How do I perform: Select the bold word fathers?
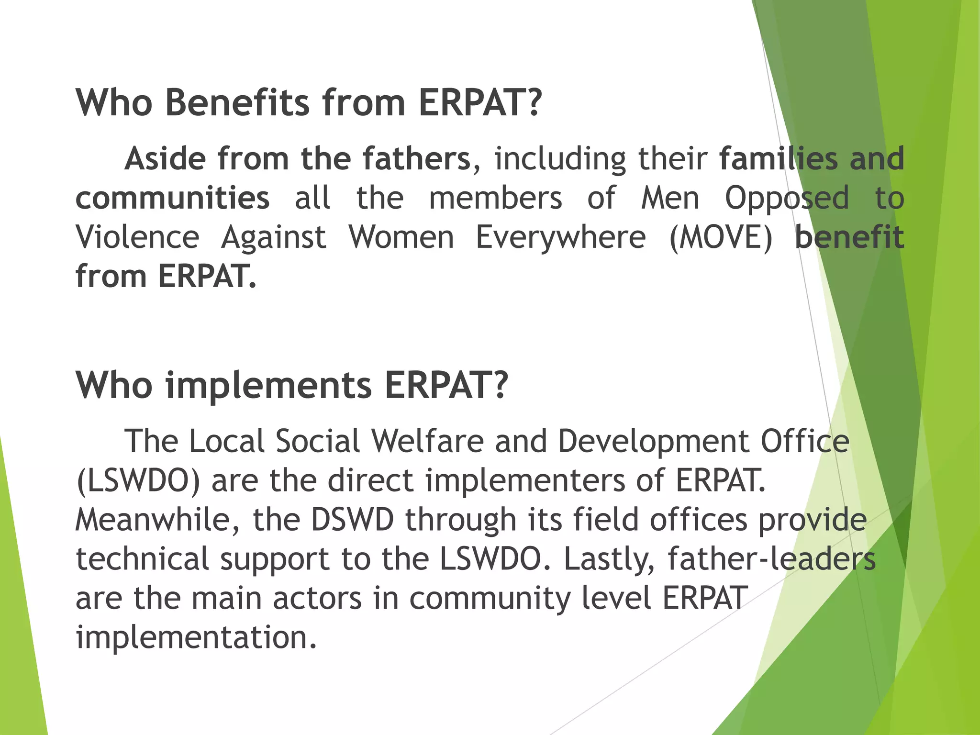[416, 159]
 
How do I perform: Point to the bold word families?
[778, 159]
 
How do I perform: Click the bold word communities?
[172, 198]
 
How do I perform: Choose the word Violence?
[137, 237]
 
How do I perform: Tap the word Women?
[401, 237]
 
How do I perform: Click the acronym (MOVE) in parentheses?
[720, 238]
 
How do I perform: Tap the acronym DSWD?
[352, 520]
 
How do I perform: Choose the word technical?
[142, 559]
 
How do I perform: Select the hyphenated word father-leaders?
[771, 559]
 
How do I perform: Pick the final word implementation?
[196, 638]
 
